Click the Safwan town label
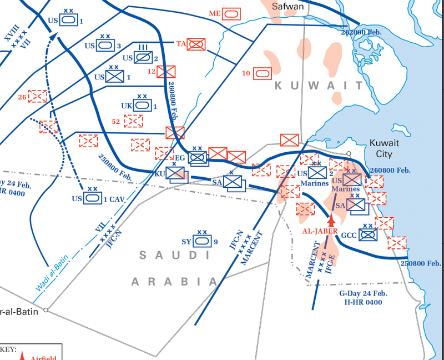[288, 6]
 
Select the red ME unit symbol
[232, 13]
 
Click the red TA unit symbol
[196, 44]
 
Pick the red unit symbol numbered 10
[263, 73]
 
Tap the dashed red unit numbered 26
[38, 96]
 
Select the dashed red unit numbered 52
[134, 121]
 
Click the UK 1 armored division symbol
[142, 104]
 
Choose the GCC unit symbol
[367, 234]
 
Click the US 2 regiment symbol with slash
[142, 57]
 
